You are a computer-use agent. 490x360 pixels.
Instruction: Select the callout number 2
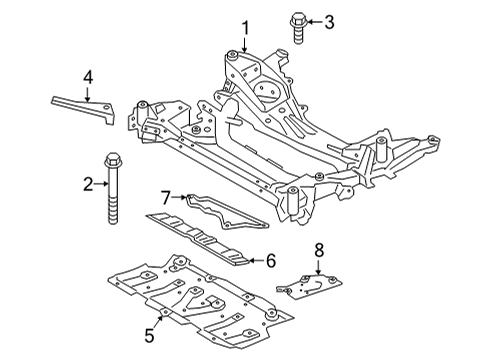[89, 183]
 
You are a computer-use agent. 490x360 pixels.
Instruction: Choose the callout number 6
[269, 259]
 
